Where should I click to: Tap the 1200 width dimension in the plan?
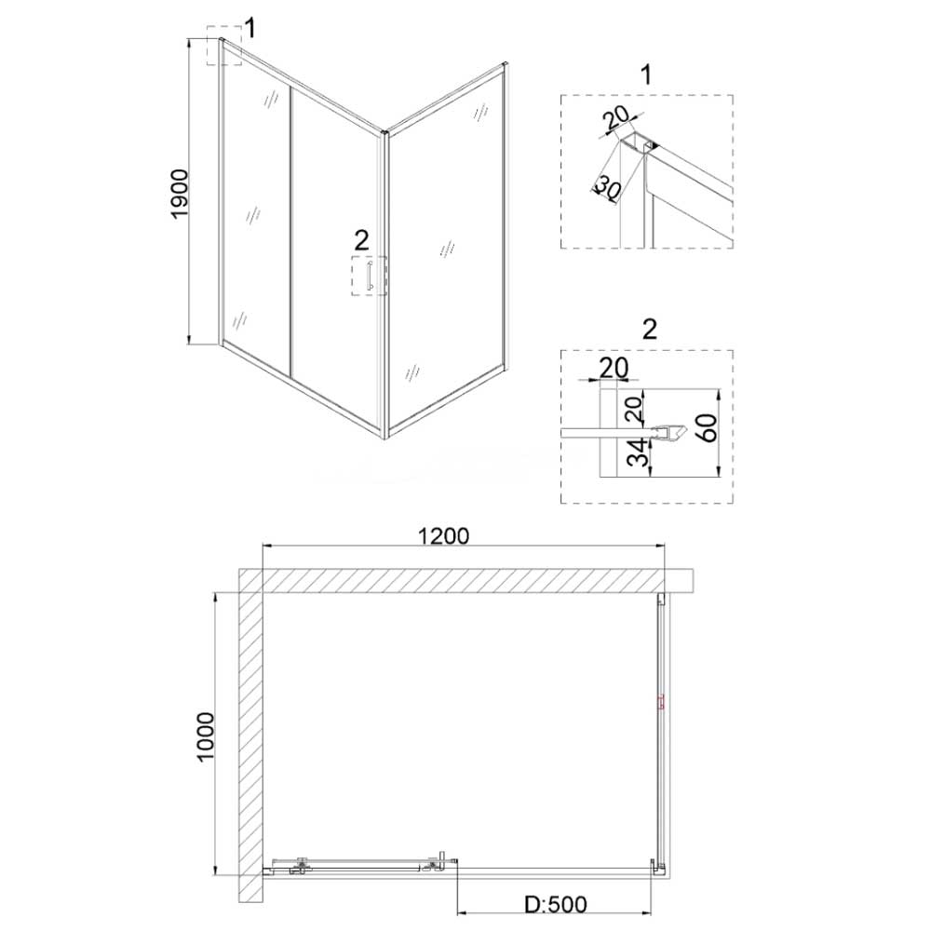click(443, 536)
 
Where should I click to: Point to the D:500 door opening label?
click(556, 905)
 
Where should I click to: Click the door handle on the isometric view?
click(370, 277)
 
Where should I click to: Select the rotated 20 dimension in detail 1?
click(616, 119)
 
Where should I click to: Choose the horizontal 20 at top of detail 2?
click(614, 368)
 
